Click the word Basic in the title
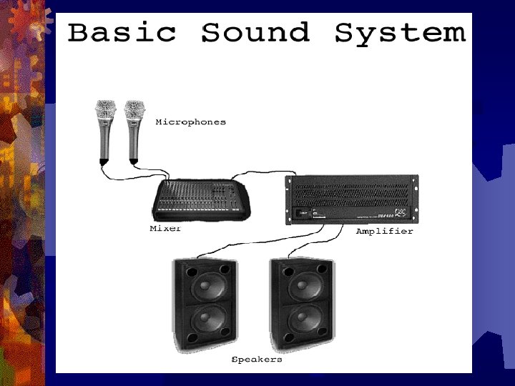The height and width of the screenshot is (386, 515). pyautogui.click(x=122, y=33)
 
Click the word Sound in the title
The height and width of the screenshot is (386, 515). pyautogui.click(x=255, y=33)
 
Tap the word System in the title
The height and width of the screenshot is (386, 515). pyautogui.click(x=399, y=33)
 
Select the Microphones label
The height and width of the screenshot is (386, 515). pyautogui.click(x=190, y=122)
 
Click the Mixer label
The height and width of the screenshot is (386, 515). pyautogui.click(x=165, y=229)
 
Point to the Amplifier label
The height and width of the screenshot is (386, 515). pyautogui.click(x=384, y=232)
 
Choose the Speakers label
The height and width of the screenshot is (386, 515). pyautogui.click(x=257, y=359)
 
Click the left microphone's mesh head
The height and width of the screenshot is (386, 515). pyautogui.click(x=106, y=110)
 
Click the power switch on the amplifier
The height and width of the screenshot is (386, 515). pyautogui.click(x=303, y=212)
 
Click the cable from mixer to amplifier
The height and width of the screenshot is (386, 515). pyautogui.click(x=261, y=172)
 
